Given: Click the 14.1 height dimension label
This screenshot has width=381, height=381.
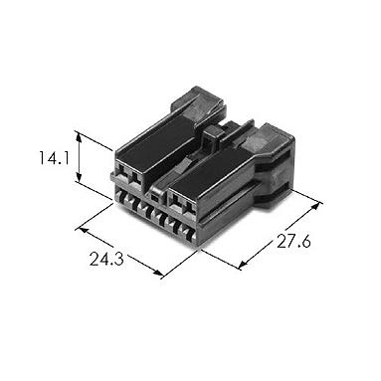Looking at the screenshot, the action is click(x=54, y=158).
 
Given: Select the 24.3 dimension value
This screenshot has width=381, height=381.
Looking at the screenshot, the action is click(x=106, y=259).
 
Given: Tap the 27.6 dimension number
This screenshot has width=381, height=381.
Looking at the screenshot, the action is click(x=293, y=241).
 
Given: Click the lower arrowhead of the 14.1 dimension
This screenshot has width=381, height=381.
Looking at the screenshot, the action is click(x=79, y=177).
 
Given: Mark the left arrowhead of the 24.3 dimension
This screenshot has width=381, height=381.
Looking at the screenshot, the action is click(x=82, y=230).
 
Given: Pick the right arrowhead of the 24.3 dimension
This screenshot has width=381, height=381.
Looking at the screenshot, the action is click(x=158, y=273).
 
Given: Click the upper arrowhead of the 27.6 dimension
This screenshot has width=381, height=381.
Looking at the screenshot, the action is click(x=317, y=205).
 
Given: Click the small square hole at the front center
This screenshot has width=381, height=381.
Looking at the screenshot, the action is click(x=154, y=198).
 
